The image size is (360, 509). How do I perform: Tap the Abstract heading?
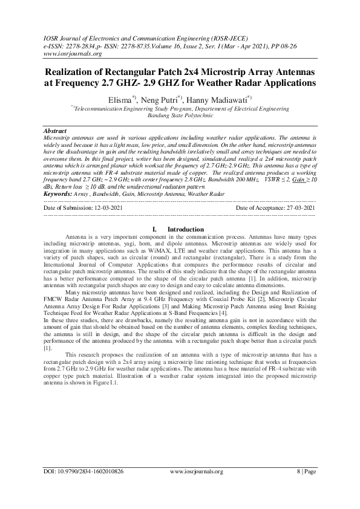click(55, 131)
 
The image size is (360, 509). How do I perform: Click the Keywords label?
click(58, 177)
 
